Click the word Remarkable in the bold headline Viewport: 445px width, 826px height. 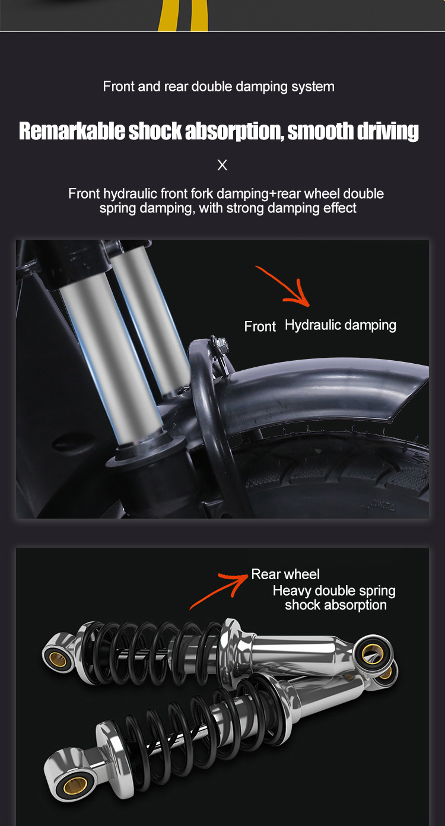pos(72,131)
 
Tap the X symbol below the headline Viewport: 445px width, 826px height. pos(223,165)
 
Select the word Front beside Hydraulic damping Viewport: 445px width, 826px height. pos(260,326)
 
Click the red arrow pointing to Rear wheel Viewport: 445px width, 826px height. pos(218,590)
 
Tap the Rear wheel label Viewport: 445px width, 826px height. pos(285,574)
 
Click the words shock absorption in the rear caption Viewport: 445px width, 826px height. pos(335,605)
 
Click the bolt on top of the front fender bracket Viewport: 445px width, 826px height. pos(220,345)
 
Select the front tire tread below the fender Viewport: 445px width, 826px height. pos(335,476)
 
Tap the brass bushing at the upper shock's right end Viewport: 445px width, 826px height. pos(372,653)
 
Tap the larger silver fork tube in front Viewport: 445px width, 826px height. pos(110,358)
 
